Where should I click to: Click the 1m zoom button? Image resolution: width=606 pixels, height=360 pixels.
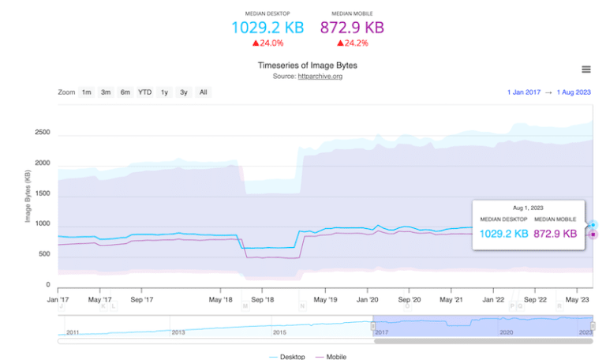coord(87,92)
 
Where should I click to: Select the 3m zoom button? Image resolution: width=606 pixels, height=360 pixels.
coord(106,92)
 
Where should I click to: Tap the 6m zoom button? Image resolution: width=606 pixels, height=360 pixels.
coord(125,92)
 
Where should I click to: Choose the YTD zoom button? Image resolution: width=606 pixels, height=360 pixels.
coord(144,92)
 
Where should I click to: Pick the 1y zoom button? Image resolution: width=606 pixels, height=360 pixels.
coord(164,92)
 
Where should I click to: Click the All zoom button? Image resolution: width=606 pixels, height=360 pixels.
coord(203,92)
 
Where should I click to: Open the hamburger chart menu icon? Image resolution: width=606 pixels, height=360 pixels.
coord(585,69)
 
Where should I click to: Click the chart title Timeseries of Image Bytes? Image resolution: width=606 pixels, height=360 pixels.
coord(302,66)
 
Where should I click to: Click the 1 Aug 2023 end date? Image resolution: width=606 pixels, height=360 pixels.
coord(574,92)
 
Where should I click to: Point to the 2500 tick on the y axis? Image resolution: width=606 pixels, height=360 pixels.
coord(43,133)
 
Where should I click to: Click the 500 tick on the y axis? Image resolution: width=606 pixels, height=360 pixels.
coord(45,254)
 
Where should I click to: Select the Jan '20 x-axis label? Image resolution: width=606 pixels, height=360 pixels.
coord(368,300)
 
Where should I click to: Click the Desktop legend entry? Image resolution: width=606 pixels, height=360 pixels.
coord(289,357)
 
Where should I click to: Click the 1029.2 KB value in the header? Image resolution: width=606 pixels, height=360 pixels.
coord(267,27)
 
